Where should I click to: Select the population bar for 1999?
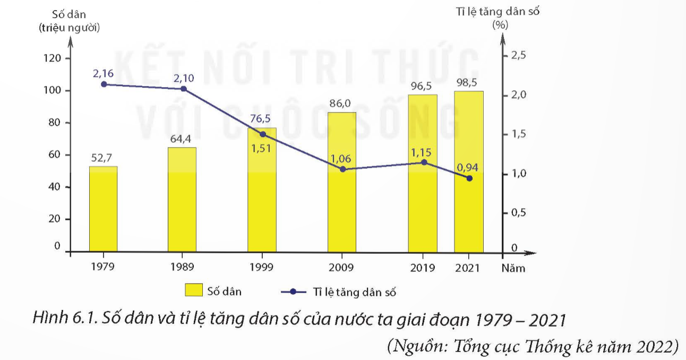coord(262,202)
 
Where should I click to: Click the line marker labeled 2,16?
coord(104,84)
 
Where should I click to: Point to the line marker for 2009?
coord(342,169)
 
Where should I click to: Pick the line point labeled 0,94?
coord(469,178)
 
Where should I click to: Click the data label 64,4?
coord(182,139)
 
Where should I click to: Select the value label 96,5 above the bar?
coord(423,86)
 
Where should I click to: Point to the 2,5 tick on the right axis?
coord(517,56)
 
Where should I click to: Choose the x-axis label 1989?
coord(182,268)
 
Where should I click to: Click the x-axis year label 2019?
coord(422,268)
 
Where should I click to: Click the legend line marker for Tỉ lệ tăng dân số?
coord(295,291)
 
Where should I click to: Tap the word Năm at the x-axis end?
coord(513,268)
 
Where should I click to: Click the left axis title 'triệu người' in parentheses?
coord(70,28)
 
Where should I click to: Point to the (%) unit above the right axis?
coord(500,24)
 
